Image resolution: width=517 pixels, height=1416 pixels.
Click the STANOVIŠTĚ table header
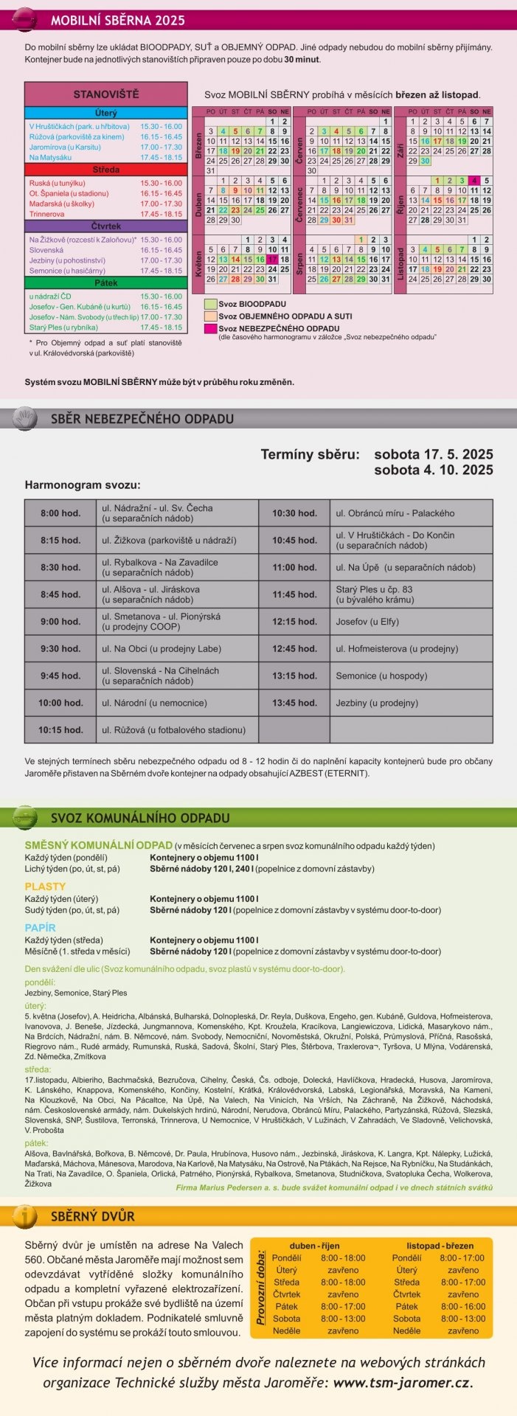tap(105, 94)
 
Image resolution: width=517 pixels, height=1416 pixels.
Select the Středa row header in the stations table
tap(105, 170)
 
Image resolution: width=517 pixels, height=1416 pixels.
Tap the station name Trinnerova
tap(46, 214)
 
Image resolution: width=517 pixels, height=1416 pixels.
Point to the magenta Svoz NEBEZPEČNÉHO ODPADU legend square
tap(210, 328)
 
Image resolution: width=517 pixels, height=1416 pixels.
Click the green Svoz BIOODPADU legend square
tap(210, 304)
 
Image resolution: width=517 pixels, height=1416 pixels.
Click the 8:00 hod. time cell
tap(60, 513)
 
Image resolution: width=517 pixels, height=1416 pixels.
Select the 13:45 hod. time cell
tap(294, 703)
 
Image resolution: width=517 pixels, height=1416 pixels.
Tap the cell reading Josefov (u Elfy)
tap(367, 622)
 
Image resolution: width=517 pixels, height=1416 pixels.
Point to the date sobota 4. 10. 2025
tap(433, 471)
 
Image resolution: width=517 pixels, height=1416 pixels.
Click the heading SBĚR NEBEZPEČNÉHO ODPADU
tap(142, 419)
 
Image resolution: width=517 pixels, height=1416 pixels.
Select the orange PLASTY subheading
tap(45, 886)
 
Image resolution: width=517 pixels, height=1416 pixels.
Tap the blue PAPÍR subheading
tap(40, 928)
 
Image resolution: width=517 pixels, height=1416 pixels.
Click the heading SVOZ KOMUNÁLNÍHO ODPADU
tap(140, 818)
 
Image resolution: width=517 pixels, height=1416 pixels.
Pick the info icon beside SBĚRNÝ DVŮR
tap(25, 1216)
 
